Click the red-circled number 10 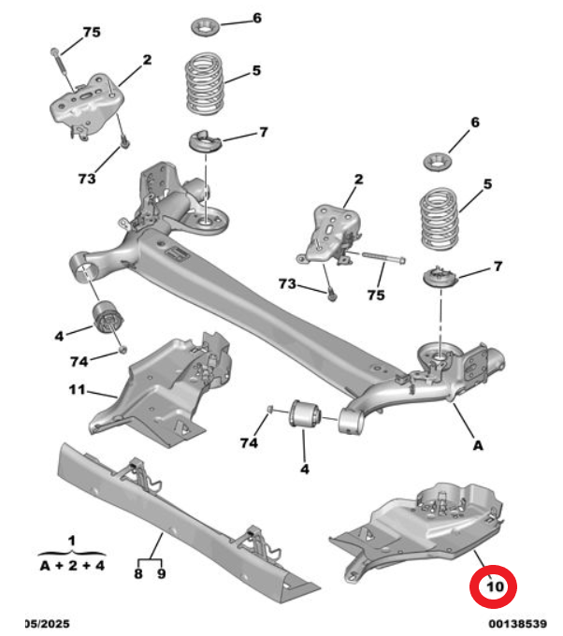[x=495, y=586]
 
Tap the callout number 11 [x=77, y=390]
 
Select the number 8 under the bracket [x=138, y=573]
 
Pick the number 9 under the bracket [x=162, y=573]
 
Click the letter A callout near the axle [x=478, y=445]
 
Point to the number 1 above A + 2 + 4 [x=72, y=541]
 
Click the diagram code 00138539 [x=517, y=624]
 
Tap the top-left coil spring [x=205, y=83]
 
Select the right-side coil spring [x=440, y=218]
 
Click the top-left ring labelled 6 [x=205, y=27]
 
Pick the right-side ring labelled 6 [x=438, y=162]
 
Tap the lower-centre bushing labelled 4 [x=306, y=413]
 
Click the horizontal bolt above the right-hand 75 [x=383, y=257]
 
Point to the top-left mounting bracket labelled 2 [x=86, y=104]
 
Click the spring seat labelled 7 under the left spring [x=206, y=141]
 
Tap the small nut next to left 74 [x=123, y=349]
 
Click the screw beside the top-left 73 [x=125, y=141]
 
